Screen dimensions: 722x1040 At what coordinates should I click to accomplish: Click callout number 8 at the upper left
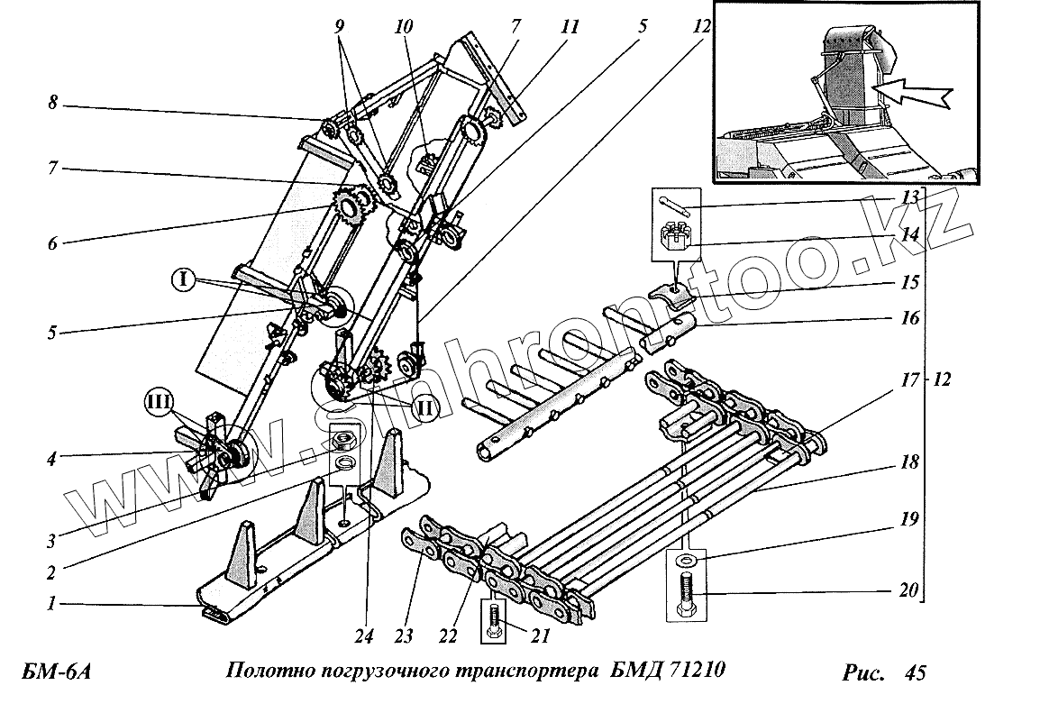[x=54, y=105]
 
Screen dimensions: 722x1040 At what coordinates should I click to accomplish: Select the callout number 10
[x=403, y=28]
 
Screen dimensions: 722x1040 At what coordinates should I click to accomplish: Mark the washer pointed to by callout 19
[x=686, y=562]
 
